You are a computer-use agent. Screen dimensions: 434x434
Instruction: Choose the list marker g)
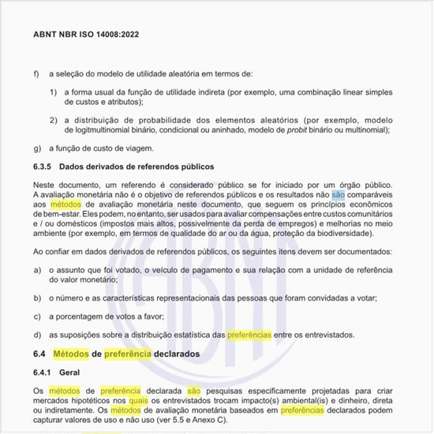37,148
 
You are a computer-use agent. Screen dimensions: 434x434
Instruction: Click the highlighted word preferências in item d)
249,334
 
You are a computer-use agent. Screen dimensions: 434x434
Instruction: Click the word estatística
188,334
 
